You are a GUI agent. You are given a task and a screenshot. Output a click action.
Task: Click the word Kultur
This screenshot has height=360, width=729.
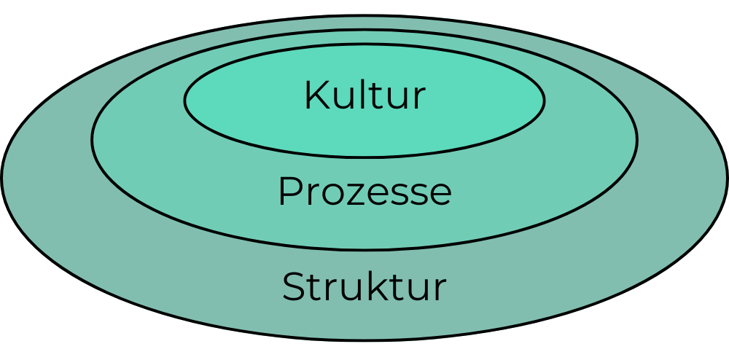[364, 96]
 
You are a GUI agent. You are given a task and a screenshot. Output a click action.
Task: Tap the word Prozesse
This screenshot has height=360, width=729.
[364, 192]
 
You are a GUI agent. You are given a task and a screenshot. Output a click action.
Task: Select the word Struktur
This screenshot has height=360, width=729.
[364, 287]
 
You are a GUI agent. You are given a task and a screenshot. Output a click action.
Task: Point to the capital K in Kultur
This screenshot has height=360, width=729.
[316, 96]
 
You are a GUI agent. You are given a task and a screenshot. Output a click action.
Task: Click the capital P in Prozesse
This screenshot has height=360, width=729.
[290, 192]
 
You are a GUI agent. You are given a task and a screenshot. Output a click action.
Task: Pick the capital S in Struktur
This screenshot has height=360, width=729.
[293, 287]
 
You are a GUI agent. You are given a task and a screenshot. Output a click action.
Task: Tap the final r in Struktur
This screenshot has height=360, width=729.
[440, 290]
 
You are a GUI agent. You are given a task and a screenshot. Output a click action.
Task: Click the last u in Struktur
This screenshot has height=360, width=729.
[417, 290]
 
